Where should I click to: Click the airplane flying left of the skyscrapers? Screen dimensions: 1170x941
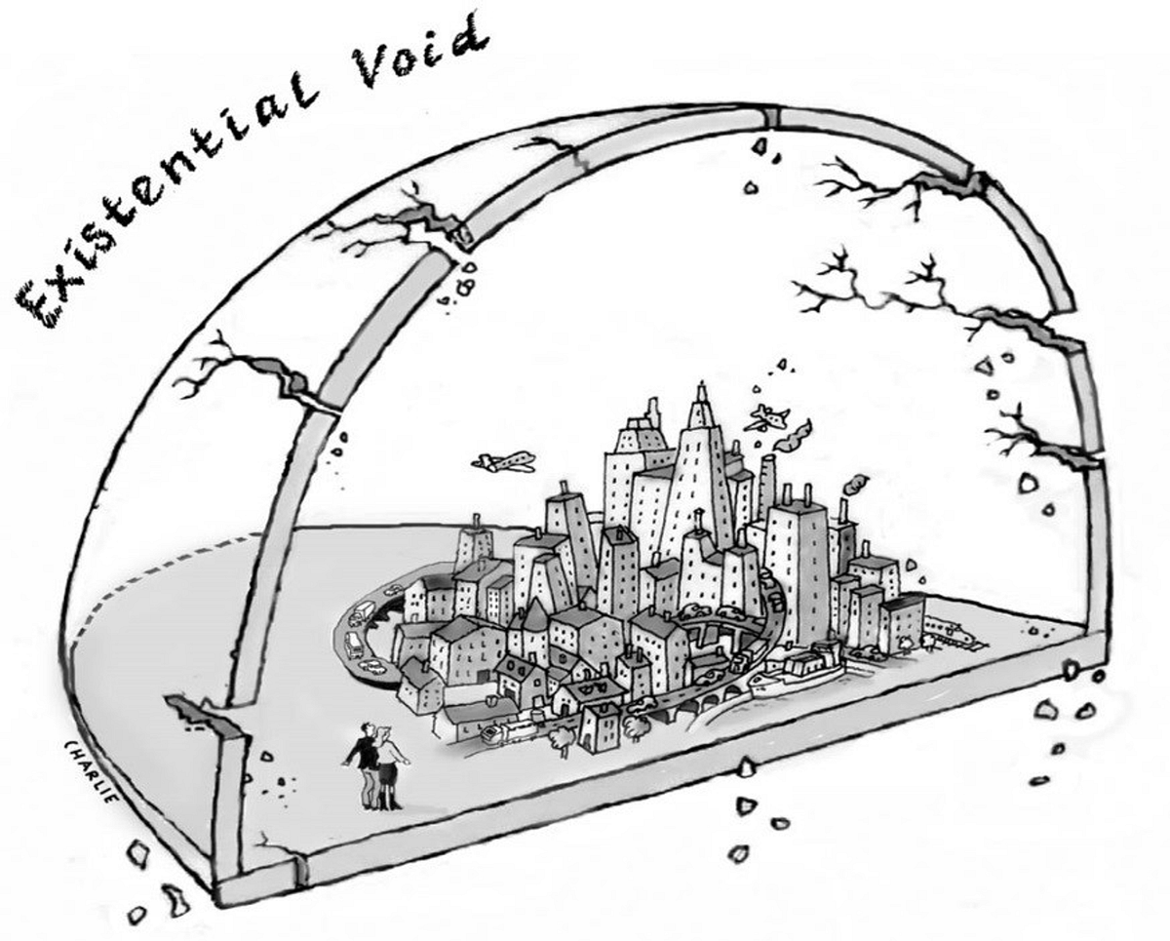click(x=503, y=461)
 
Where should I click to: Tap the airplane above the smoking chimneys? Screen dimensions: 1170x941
click(x=767, y=417)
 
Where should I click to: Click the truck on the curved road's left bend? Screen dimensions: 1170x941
click(x=365, y=610)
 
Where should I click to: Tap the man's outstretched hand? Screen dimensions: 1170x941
click(x=346, y=762)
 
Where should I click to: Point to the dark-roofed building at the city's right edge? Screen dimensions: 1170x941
click(x=902, y=620)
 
